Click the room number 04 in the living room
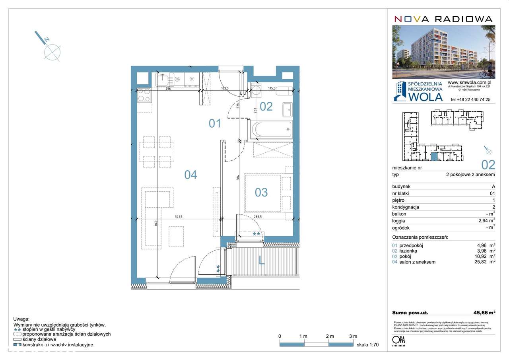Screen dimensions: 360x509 (190, 174)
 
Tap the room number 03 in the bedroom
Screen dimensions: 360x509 (261, 193)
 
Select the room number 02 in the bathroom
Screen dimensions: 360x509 (266, 106)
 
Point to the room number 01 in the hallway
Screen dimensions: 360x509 (215, 123)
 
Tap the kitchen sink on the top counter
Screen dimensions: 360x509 (163, 79)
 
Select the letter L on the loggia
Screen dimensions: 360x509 (261, 261)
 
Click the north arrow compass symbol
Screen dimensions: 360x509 (52, 51)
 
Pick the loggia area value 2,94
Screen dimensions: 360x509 (483, 221)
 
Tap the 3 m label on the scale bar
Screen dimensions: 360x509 (353, 336)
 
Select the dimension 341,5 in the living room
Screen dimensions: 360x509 (181, 217)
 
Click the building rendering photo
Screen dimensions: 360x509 (443, 52)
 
